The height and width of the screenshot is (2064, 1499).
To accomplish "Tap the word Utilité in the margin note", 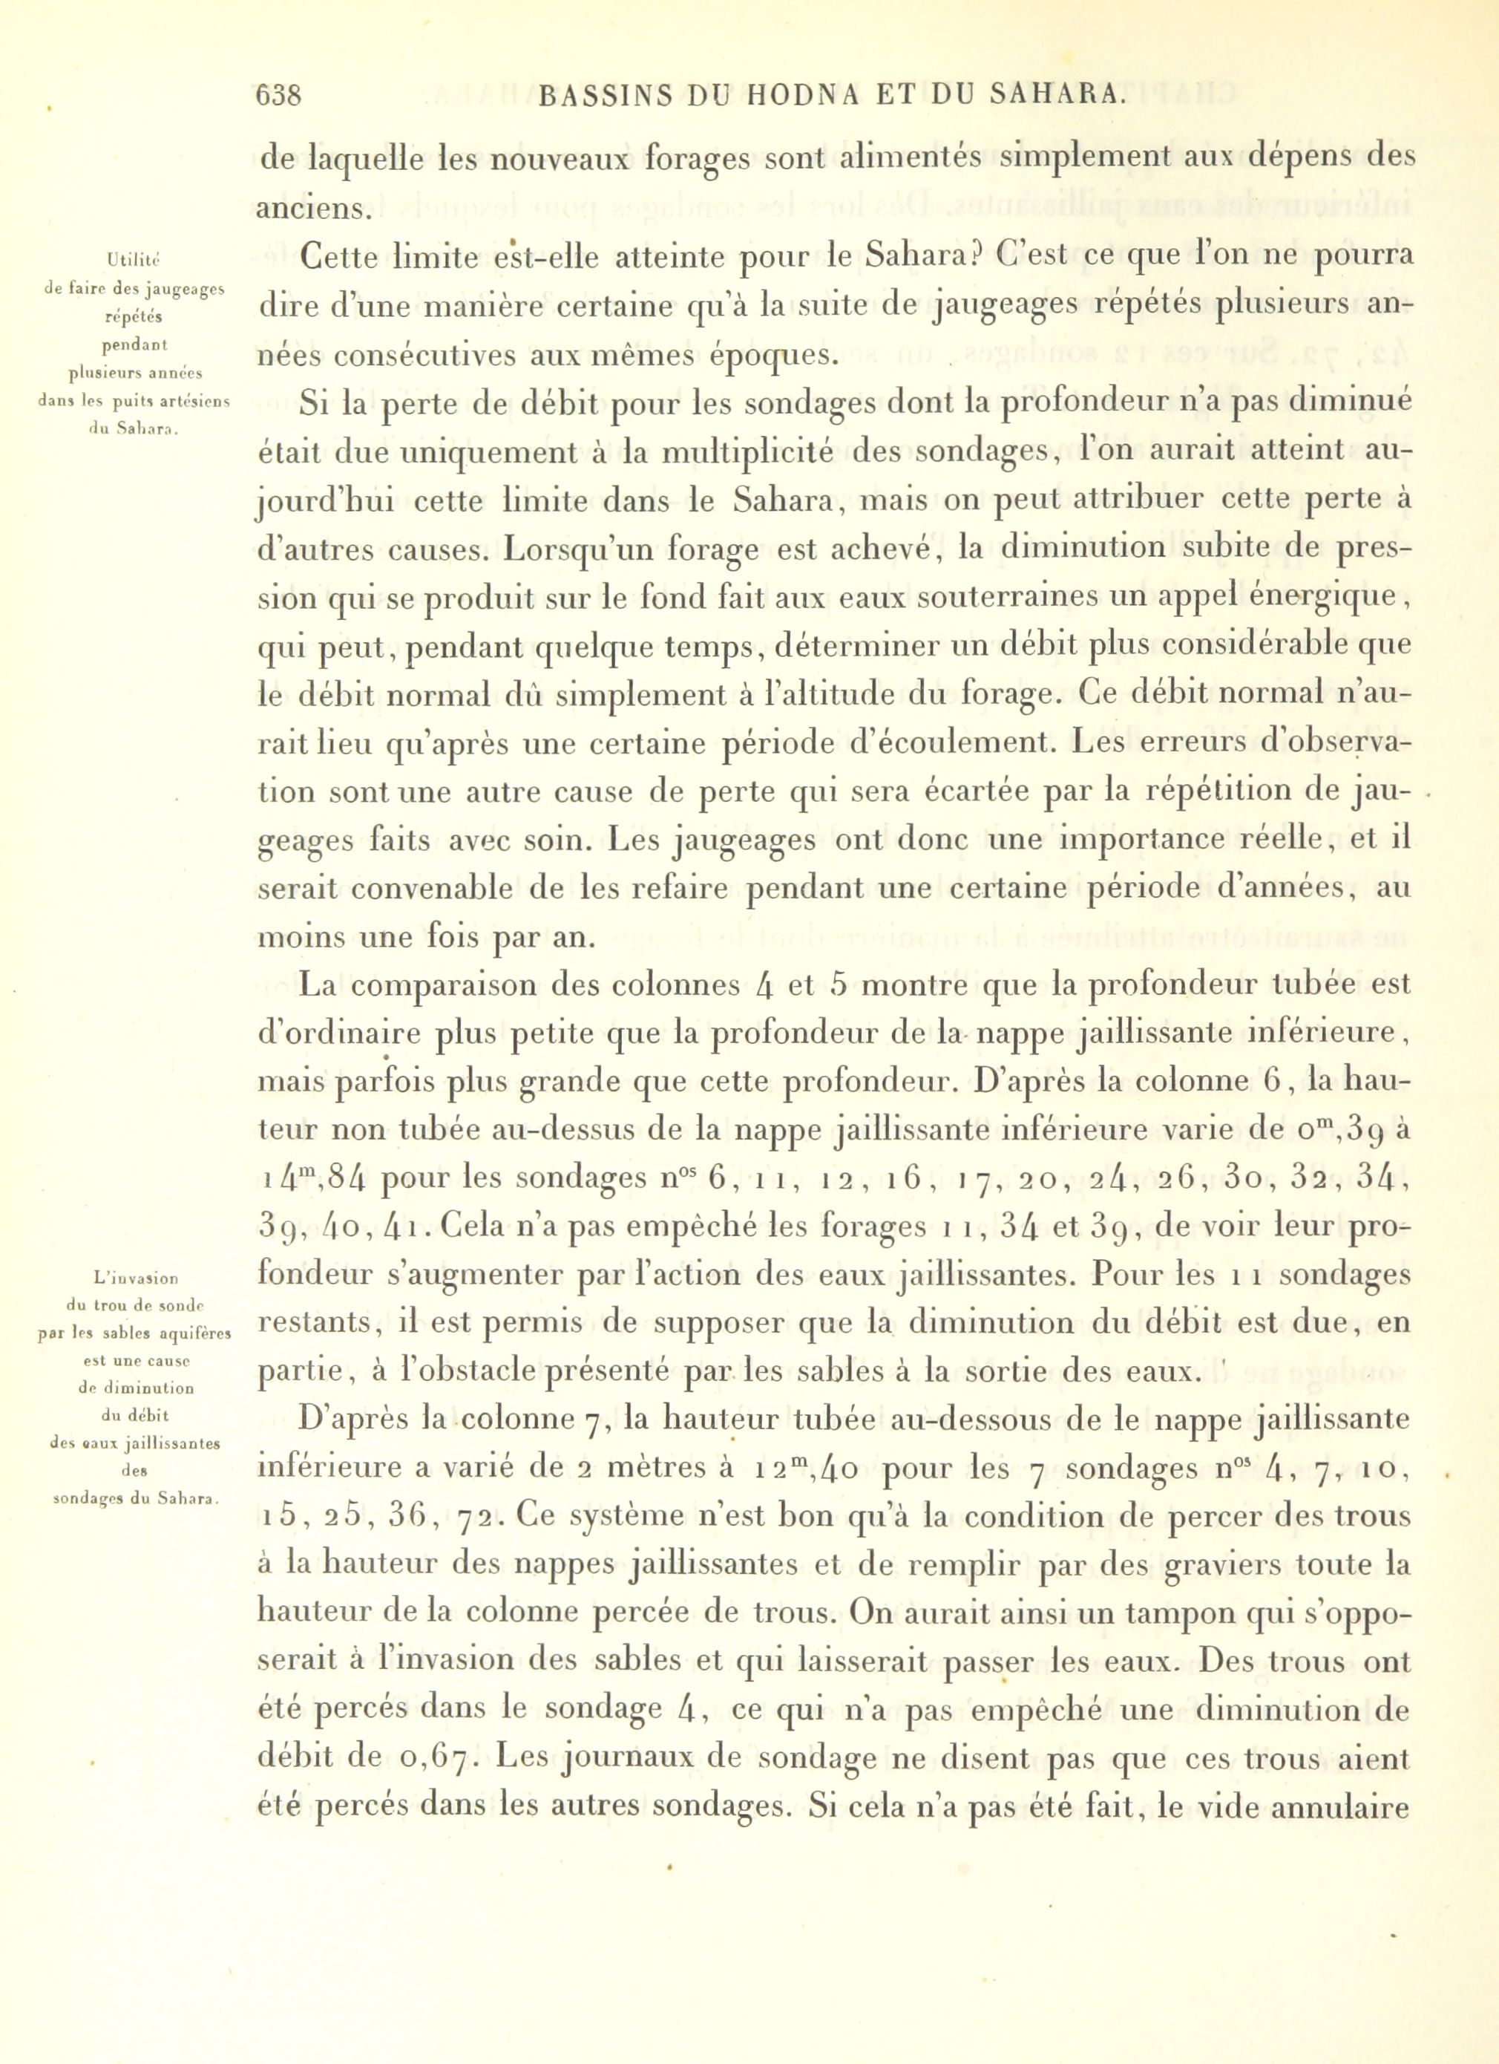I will coord(134,261).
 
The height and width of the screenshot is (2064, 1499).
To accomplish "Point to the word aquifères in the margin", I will coord(193,1334).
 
